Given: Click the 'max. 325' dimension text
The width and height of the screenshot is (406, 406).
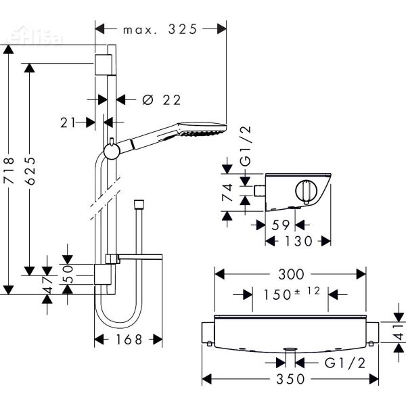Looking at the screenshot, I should pos(160,29).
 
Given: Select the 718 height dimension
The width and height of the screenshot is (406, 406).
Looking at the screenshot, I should pos(10,173).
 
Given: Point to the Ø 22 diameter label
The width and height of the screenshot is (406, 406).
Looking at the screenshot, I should pos(162,99).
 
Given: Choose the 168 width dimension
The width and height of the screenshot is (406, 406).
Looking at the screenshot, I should pos(129,340).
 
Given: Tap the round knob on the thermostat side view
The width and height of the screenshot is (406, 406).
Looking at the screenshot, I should pos(308,190).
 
